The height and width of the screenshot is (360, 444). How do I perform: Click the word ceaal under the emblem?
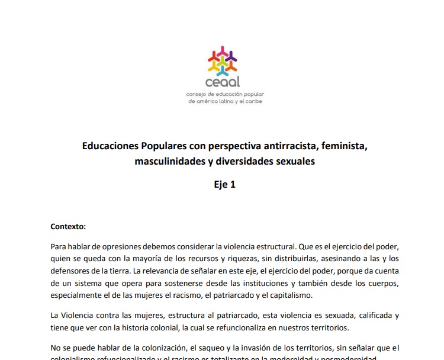[223, 82]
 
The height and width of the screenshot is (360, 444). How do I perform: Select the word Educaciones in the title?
[110, 145]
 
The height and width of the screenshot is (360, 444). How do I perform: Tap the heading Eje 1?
[225, 184]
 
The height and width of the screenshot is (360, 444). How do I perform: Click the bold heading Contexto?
[68, 226]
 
